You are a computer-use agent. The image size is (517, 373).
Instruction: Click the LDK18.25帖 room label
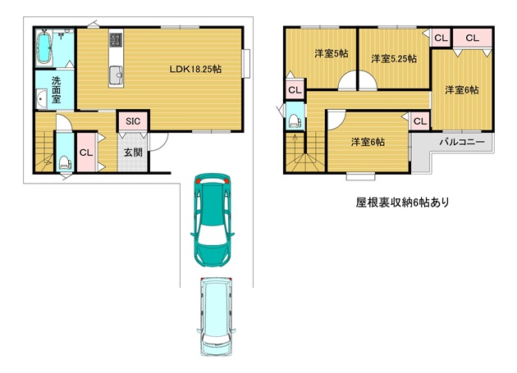coord(195,69)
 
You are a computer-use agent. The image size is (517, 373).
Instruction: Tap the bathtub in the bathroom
coord(43,47)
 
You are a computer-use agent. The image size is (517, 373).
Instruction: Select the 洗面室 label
coord(56,89)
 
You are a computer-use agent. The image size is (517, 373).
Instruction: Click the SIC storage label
coord(133,121)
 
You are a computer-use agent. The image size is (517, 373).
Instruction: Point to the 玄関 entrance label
coord(133,152)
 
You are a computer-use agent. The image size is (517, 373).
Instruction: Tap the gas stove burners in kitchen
coord(116,39)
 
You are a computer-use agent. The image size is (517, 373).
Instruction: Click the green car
coord(213,220)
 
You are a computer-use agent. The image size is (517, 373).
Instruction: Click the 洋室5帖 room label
coord(331,53)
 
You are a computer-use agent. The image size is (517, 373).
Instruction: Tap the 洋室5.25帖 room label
coord(394,59)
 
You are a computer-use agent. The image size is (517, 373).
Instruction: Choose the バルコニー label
coord(462,142)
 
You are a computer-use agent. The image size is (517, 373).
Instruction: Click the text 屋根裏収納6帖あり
coord(403,202)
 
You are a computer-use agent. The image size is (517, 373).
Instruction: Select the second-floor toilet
coord(295,121)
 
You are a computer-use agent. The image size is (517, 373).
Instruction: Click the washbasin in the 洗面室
coord(41,98)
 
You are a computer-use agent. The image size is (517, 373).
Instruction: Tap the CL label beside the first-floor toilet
coord(86,152)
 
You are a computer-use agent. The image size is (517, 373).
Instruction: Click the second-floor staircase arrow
coord(295,143)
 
